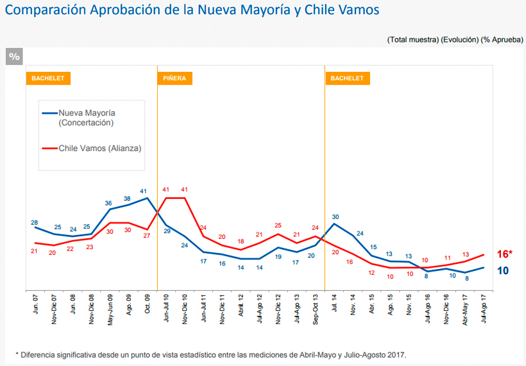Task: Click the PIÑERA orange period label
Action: click(174, 78)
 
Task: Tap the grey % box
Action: click(14, 57)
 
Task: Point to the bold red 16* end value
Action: click(505, 254)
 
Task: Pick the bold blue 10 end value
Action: click(504, 270)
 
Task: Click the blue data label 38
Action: click(128, 198)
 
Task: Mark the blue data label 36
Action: click(109, 203)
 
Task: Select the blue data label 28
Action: click(35, 223)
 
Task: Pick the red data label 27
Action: click(147, 236)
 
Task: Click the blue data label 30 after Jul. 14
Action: click(335, 217)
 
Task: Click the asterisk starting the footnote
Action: click(17, 354)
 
